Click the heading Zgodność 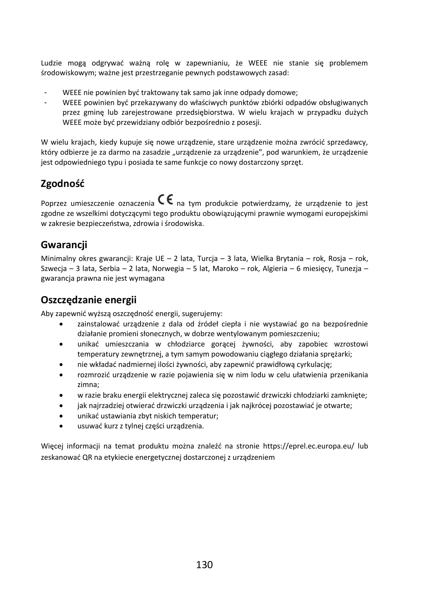[x=62, y=184]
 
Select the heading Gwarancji [x=64, y=245]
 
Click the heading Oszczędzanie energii [x=89, y=300]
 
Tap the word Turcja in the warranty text [x=208, y=259]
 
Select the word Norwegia [x=168, y=269]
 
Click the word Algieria [x=275, y=269]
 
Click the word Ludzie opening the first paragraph [x=51, y=63]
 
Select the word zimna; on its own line [x=88, y=385]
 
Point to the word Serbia [x=110, y=269]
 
